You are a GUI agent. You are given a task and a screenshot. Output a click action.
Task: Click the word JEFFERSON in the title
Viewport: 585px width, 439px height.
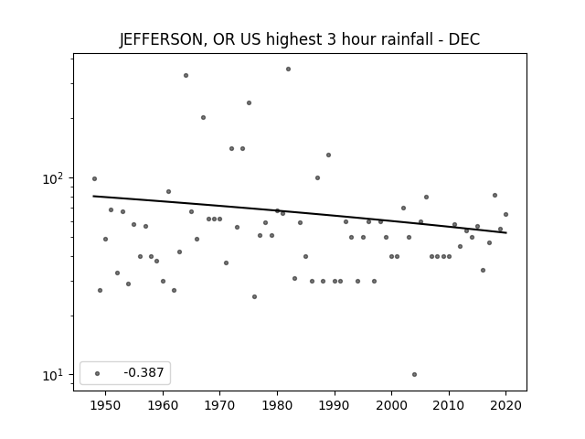[x=161, y=39]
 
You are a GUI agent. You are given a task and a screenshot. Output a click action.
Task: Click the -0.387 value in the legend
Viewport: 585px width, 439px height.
[x=144, y=372]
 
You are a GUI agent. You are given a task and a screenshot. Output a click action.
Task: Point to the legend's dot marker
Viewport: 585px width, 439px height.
[x=98, y=373]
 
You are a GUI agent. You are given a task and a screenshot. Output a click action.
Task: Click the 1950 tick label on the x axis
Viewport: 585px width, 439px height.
[x=106, y=405]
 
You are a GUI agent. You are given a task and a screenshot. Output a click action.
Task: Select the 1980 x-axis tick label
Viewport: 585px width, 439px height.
[x=277, y=405]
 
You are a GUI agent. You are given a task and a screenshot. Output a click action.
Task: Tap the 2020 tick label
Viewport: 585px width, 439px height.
[x=505, y=405]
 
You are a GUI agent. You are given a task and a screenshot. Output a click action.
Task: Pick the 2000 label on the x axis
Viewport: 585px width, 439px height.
[x=391, y=405]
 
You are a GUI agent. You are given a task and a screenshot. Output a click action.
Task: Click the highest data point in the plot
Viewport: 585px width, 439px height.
[x=289, y=70]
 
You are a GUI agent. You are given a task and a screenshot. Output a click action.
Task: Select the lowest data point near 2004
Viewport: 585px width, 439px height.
[x=414, y=374]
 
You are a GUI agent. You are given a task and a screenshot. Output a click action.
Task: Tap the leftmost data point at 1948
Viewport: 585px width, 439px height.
[x=94, y=179]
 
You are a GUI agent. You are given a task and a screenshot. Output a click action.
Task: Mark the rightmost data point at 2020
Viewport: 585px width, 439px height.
[x=505, y=214]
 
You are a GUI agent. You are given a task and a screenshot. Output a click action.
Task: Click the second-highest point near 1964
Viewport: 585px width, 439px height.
[x=186, y=75]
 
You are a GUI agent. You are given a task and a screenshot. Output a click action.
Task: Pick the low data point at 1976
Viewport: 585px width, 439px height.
[x=254, y=296]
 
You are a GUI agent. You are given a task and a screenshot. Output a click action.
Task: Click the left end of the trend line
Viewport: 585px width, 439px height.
[x=93, y=196]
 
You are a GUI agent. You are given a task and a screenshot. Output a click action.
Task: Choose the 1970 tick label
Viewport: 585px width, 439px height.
[x=219, y=405]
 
